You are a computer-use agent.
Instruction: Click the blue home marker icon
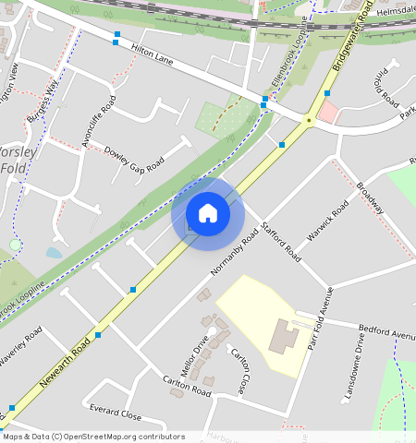tap(208, 213)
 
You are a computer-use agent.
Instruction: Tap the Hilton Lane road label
tap(153, 57)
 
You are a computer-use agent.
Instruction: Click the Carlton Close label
tap(239, 370)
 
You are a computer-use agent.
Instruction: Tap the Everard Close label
tap(116, 411)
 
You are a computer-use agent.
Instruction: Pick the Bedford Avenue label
tap(383, 331)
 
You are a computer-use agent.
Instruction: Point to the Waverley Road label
tap(20, 348)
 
